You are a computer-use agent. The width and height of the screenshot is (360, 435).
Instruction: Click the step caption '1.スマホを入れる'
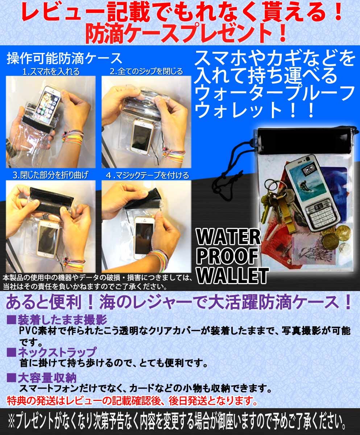[x=51, y=71]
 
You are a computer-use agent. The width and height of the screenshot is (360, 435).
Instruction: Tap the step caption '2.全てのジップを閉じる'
[x=146, y=71]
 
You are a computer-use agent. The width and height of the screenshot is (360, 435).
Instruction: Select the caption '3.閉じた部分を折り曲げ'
[x=50, y=176]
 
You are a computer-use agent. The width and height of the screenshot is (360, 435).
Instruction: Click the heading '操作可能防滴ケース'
[x=64, y=58]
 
